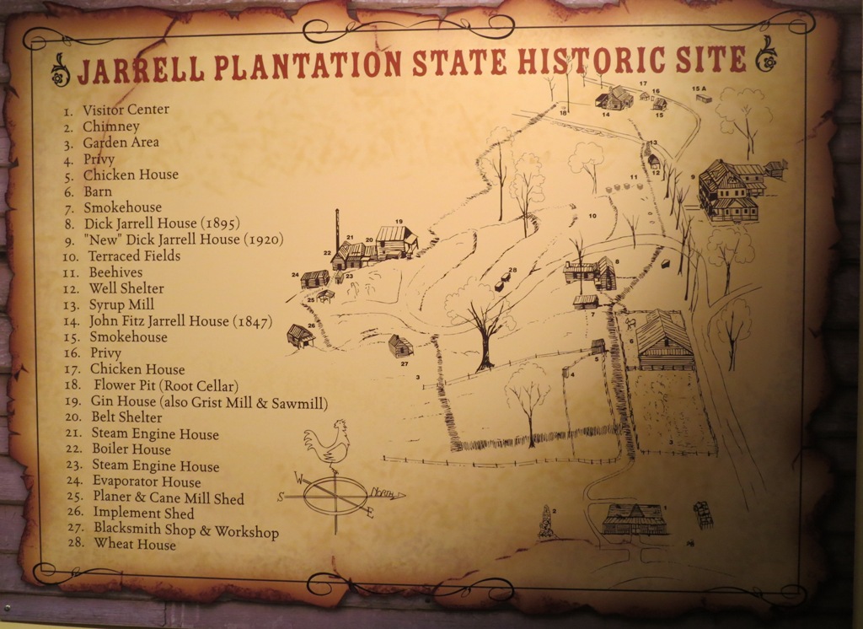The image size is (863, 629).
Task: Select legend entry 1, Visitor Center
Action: (x=125, y=110)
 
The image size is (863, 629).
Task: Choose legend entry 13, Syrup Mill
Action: (x=118, y=304)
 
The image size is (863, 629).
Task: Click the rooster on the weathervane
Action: (x=327, y=442)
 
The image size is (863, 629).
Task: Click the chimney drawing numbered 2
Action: (x=546, y=524)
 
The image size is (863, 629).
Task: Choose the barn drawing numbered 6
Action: (x=664, y=341)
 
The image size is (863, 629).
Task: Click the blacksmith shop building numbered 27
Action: (x=400, y=346)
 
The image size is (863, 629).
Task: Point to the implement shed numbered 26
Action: (x=300, y=336)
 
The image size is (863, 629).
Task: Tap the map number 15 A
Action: (x=698, y=89)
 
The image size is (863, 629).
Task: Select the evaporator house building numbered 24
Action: (x=315, y=278)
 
